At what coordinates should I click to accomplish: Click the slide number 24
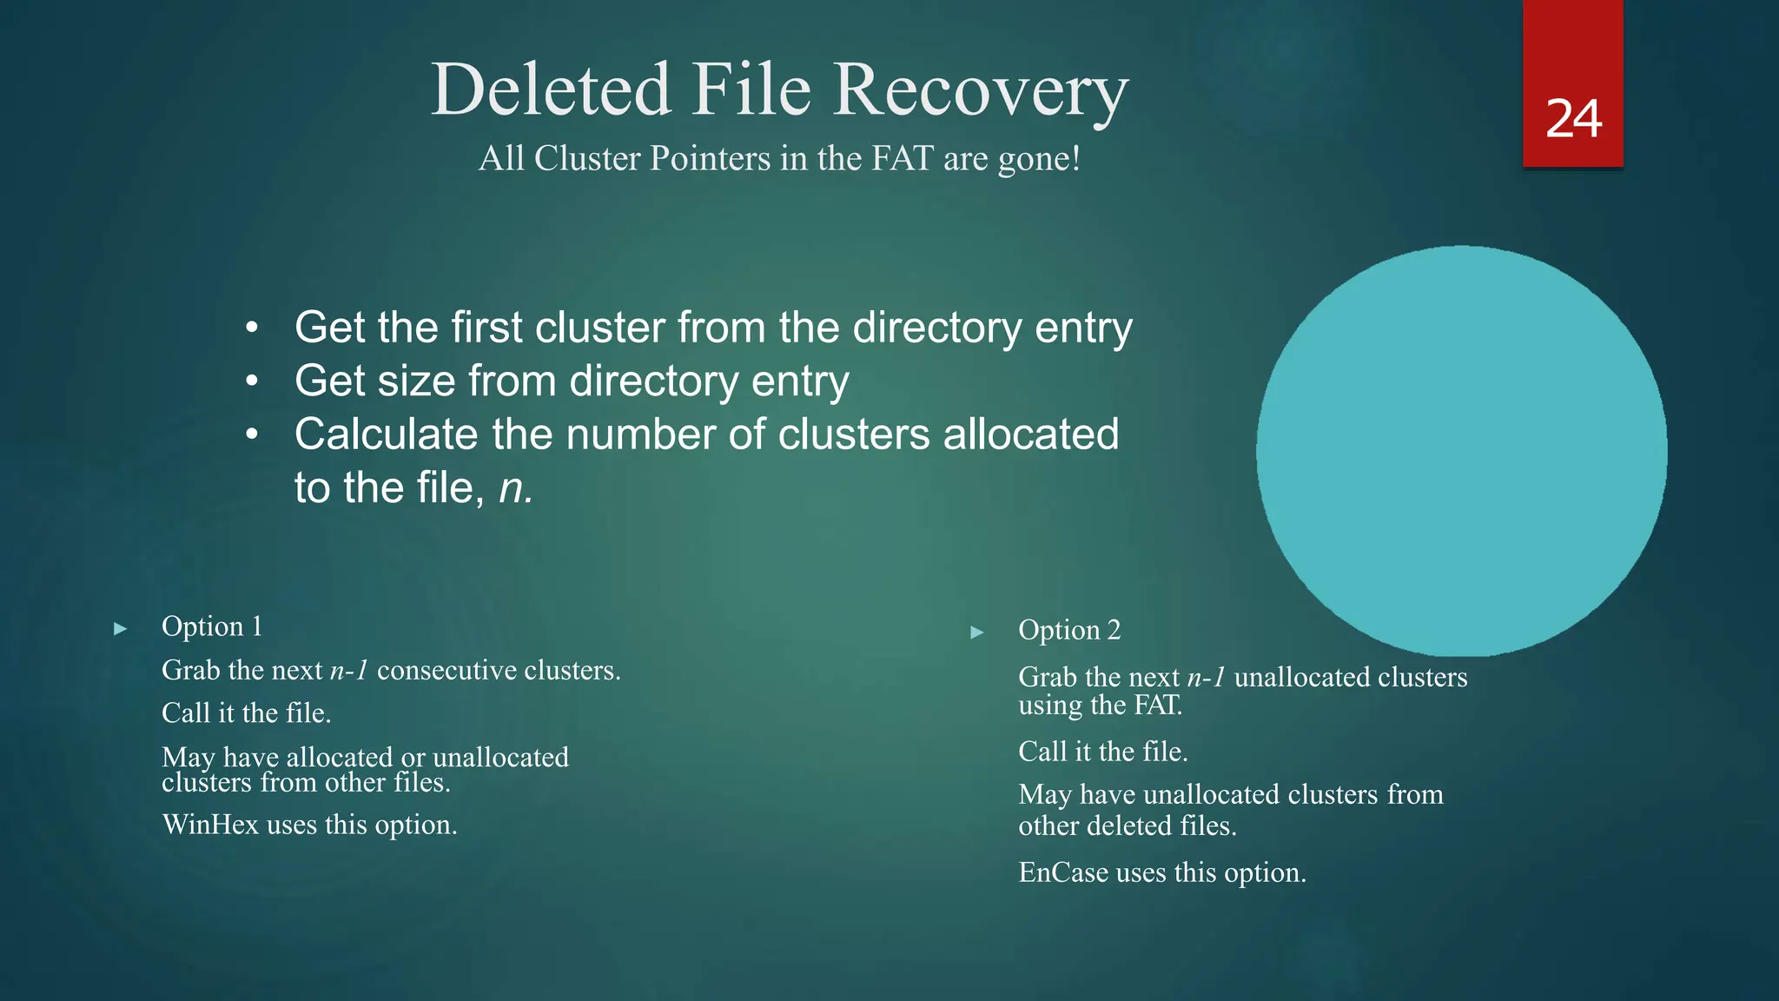click(x=1573, y=119)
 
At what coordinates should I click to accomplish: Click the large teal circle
click(x=1461, y=450)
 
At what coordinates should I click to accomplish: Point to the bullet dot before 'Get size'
click(x=252, y=381)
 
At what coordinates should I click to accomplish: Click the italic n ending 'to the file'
click(x=514, y=488)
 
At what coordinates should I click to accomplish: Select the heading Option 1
click(x=212, y=626)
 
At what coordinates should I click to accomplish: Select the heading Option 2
click(x=1069, y=630)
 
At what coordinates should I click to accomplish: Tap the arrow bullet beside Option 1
click(x=121, y=628)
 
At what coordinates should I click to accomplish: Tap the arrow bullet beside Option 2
click(x=977, y=632)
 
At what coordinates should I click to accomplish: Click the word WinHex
click(x=210, y=825)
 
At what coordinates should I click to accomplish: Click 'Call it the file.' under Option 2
click(x=1102, y=752)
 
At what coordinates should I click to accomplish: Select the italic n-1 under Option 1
click(x=349, y=671)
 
